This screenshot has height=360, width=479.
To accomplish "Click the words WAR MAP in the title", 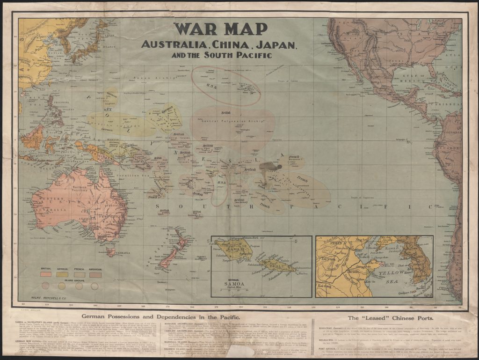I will [220, 29].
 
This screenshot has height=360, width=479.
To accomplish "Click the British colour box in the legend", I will [46, 273].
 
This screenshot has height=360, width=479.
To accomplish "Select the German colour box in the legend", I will [62, 273].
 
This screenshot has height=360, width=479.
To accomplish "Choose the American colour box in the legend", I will [95, 273].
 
